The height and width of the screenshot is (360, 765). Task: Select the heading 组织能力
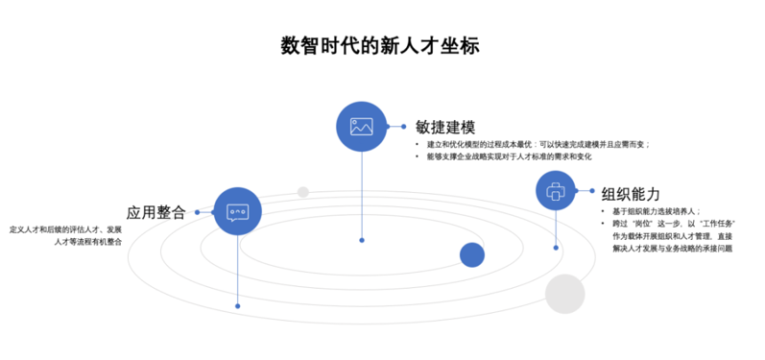click(x=630, y=192)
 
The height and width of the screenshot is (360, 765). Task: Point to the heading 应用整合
click(x=155, y=212)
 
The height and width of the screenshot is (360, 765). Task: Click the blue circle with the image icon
click(x=361, y=126)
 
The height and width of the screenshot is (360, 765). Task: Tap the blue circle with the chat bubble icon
click(x=237, y=212)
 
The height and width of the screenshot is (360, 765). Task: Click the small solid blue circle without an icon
click(x=471, y=254)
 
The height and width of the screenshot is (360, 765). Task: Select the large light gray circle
click(x=564, y=294)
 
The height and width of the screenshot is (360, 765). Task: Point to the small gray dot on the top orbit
click(x=303, y=192)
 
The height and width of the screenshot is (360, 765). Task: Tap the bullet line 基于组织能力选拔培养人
click(x=657, y=211)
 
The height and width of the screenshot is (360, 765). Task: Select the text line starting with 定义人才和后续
click(x=66, y=230)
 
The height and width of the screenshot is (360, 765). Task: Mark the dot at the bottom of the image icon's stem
click(x=361, y=240)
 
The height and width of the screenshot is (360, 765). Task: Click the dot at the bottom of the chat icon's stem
click(x=237, y=306)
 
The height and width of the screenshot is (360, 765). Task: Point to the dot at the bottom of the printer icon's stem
click(x=557, y=248)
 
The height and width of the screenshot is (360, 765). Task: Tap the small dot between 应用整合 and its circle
click(x=197, y=212)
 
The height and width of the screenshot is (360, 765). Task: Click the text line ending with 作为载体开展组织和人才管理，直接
click(x=672, y=235)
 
